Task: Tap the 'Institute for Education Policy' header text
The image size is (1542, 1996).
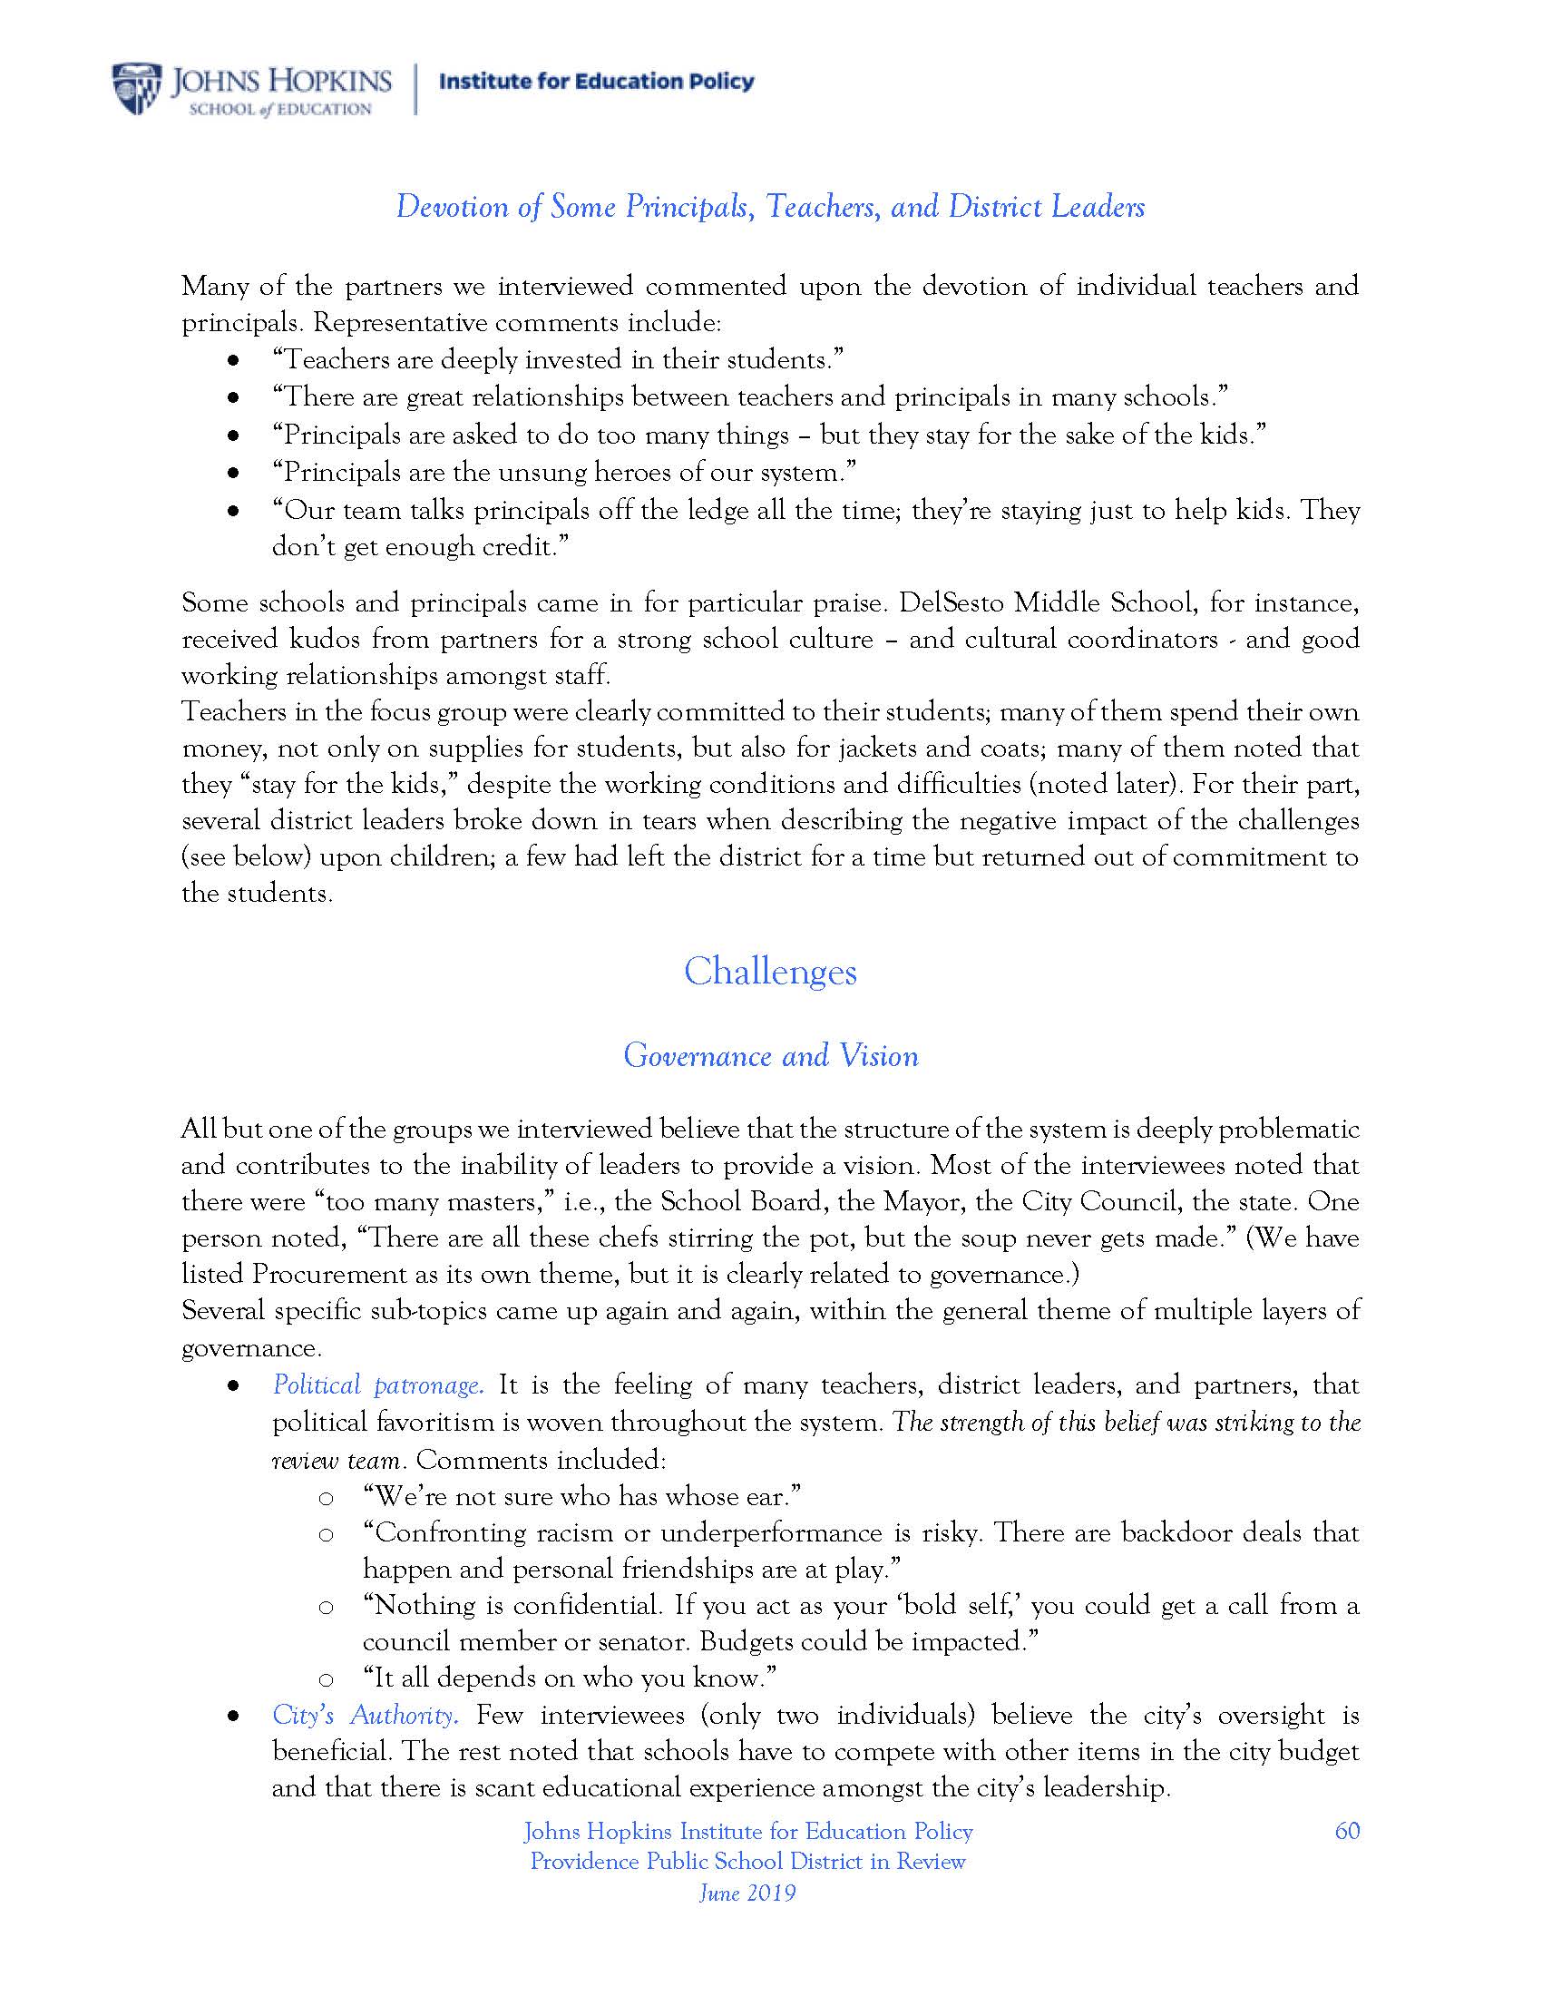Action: click(x=597, y=82)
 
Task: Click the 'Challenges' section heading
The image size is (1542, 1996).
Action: click(x=770, y=971)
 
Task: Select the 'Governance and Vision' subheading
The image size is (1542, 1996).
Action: click(x=770, y=1055)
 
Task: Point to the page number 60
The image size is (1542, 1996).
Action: click(x=1346, y=1831)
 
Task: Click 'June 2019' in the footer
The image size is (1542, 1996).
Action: click(x=747, y=1892)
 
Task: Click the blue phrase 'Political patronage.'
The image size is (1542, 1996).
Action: click(x=377, y=1385)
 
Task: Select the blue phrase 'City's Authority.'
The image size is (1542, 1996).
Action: click(x=365, y=1715)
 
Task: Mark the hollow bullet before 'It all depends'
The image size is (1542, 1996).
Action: click(x=326, y=1678)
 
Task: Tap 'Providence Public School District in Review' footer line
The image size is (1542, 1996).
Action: click(x=747, y=1861)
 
